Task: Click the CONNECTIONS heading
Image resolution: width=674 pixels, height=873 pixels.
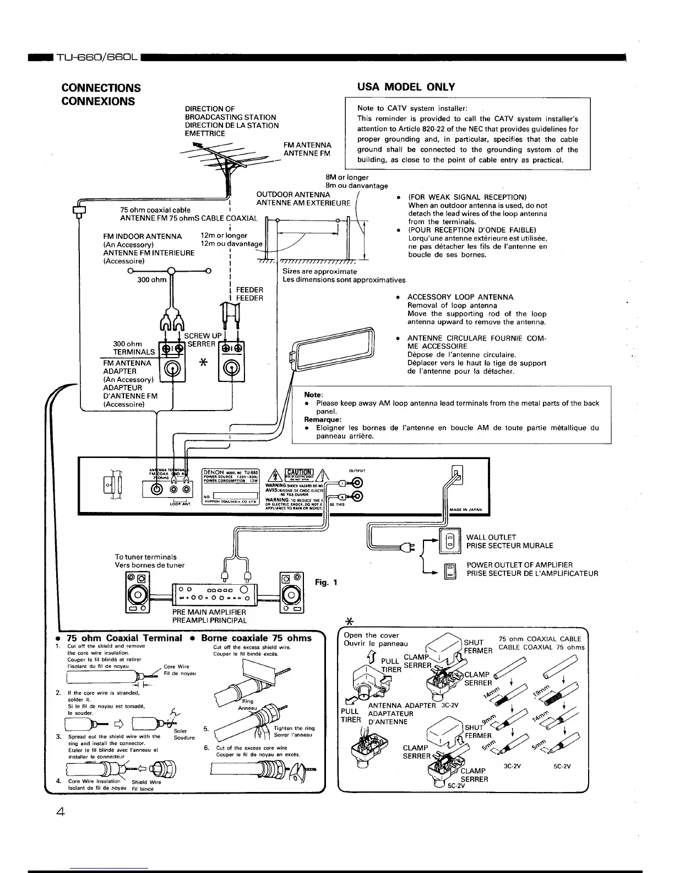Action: pyautogui.click(x=101, y=88)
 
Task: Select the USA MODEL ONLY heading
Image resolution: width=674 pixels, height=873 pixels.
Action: pyautogui.click(x=406, y=87)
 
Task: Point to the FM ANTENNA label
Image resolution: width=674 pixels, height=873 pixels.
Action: pyautogui.click(x=307, y=145)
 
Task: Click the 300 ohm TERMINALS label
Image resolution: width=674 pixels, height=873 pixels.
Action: pyautogui.click(x=134, y=348)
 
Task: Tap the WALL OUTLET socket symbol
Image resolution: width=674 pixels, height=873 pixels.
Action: pyautogui.click(x=449, y=540)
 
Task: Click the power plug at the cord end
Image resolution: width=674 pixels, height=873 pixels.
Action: pyautogui.click(x=409, y=547)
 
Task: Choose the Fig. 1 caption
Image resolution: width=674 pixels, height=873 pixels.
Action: pyautogui.click(x=326, y=583)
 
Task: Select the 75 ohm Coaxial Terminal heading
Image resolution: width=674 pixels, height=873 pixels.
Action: pyautogui.click(x=124, y=638)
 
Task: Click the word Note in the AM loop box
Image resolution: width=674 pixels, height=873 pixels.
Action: pyautogui.click(x=313, y=395)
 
